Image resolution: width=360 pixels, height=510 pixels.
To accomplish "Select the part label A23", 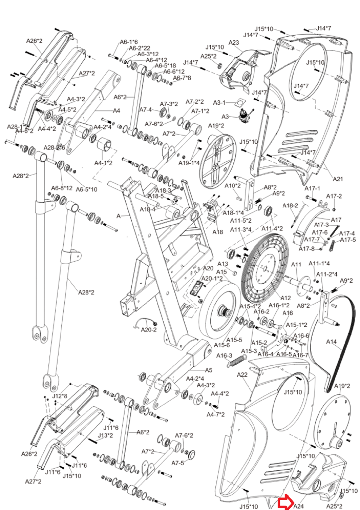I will tap(234, 43).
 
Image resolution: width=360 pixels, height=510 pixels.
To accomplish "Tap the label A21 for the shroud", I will tap(338, 179).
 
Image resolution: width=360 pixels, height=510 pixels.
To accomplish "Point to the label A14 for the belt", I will tap(332, 342).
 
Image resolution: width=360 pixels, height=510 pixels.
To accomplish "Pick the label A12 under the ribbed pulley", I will tap(285, 298).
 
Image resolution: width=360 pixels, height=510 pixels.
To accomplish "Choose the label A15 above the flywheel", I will tap(222, 272).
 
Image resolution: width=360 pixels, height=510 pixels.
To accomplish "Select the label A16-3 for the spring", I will tap(224, 355).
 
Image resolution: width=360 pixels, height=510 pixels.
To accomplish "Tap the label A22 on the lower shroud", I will tap(243, 374).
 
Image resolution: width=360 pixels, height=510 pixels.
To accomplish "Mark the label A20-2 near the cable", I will tap(149, 330).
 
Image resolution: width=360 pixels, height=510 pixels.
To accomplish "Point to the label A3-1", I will tap(219, 103).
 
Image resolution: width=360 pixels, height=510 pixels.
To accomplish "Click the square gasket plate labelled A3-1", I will tap(240, 103).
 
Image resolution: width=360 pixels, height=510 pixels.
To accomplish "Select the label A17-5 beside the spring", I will tap(348, 240).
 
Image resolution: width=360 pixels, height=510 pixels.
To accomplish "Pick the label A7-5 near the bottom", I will tap(178, 463).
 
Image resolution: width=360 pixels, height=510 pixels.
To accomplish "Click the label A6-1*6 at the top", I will tap(129, 42).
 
